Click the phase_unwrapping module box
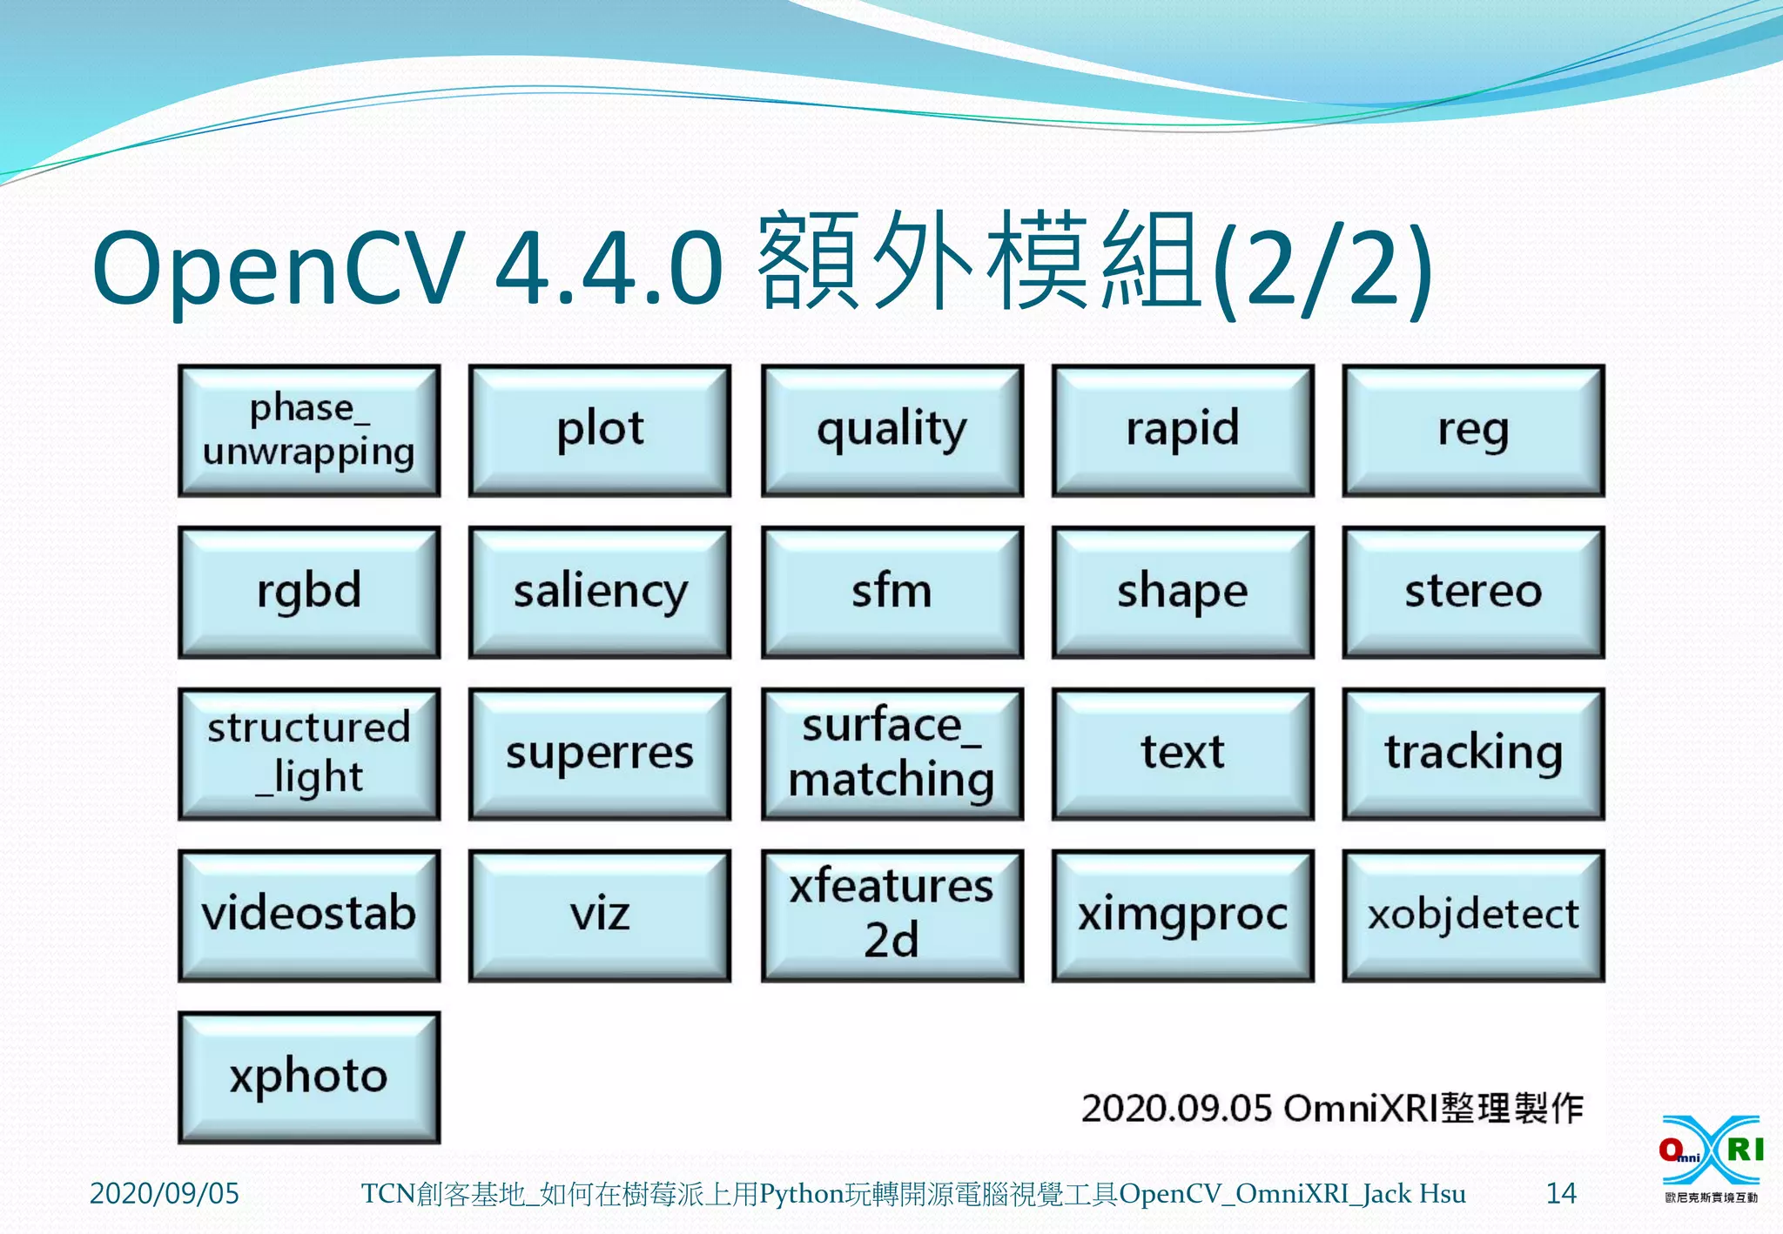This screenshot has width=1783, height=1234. [x=309, y=431]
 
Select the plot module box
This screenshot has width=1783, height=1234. [x=600, y=431]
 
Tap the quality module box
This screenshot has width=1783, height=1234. [x=891, y=431]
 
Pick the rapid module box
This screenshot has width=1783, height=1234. [x=1182, y=431]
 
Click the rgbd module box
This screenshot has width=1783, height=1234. [x=309, y=592]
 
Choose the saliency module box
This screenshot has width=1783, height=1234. [x=600, y=592]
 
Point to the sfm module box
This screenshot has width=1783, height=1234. [x=891, y=592]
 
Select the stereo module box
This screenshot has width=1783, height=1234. [x=1473, y=592]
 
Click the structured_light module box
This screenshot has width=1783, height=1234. [x=309, y=754]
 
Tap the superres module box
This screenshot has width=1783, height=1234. [x=600, y=754]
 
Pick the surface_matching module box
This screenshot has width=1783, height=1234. [x=891, y=754]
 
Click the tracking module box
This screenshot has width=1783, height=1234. [x=1473, y=754]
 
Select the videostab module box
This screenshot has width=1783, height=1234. [x=309, y=915]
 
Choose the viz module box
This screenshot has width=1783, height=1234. [x=600, y=915]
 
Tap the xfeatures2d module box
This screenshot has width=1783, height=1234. [x=891, y=915]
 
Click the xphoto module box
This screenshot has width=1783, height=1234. [x=309, y=1077]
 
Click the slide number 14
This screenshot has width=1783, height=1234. [x=1560, y=1193]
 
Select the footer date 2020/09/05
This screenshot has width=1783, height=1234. [x=164, y=1193]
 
